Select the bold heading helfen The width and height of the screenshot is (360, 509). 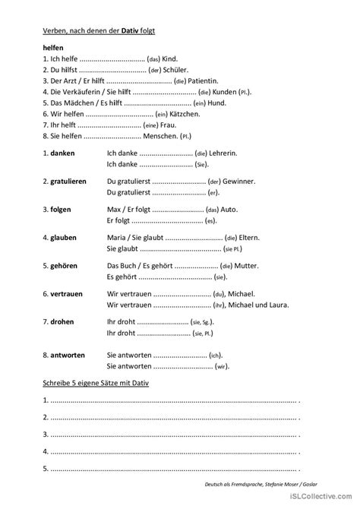(x=55, y=46)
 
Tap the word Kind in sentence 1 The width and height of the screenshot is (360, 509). (x=169, y=58)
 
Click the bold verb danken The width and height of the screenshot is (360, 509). (x=63, y=153)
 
